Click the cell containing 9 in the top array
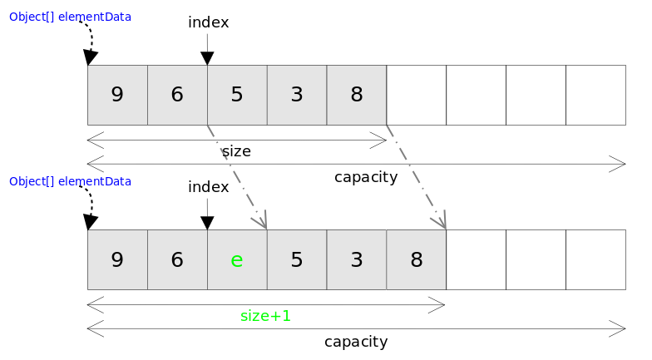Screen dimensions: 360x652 (117, 95)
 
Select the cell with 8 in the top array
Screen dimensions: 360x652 (357, 95)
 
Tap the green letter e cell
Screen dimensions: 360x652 (237, 259)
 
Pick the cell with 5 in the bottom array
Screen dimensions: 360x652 (297, 259)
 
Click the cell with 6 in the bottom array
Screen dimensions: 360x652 (177, 259)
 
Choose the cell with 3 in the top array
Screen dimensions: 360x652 (297, 95)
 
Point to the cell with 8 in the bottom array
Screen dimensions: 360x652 (417, 259)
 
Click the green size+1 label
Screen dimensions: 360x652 (265, 316)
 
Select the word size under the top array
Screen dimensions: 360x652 (236, 151)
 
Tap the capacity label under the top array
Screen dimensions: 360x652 (366, 177)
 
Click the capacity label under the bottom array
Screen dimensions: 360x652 (356, 342)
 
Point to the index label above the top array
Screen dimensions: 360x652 (208, 22)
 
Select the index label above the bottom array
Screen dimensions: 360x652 (208, 187)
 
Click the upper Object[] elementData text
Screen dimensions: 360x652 (70, 17)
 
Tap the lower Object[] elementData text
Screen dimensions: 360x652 (70, 181)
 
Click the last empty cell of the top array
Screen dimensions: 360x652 (595, 95)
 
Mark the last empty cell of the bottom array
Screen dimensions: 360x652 (595, 259)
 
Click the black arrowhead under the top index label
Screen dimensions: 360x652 (207, 58)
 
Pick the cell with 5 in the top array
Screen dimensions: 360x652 (237, 95)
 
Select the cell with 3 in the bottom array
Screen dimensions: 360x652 (357, 259)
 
